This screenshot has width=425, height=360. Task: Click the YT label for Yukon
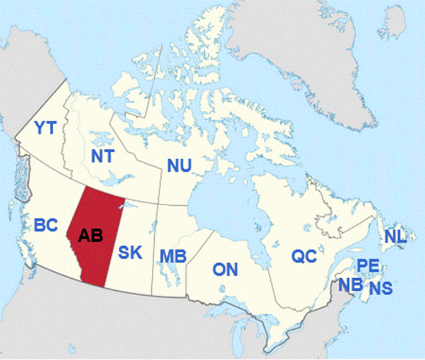click(x=45, y=128)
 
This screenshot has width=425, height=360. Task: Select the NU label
click(x=179, y=166)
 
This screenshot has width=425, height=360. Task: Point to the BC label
click(x=47, y=225)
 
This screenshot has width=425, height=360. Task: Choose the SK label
click(x=130, y=253)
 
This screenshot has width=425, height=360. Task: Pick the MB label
click(x=171, y=257)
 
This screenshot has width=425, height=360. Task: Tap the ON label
click(x=225, y=270)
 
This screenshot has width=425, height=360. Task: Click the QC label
click(x=302, y=256)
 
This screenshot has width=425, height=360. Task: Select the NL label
click(x=396, y=236)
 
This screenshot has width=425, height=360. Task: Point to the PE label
click(x=366, y=266)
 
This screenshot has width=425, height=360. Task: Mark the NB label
click(x=349, y=284)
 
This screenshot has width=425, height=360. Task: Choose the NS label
click(x=381, y=288)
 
